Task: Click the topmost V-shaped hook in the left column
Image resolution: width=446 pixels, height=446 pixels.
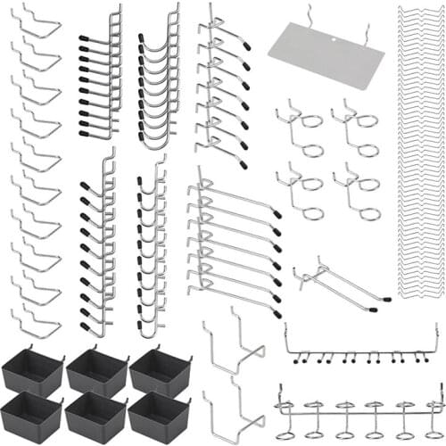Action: point(37,23)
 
